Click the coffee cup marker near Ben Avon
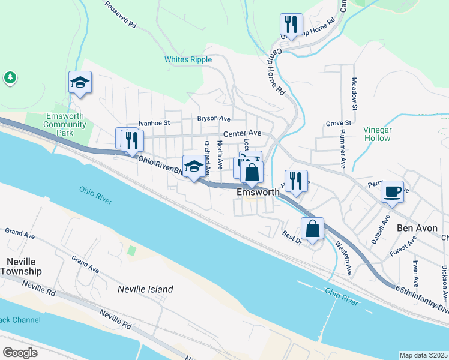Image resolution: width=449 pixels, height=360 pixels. [x=392, y=192]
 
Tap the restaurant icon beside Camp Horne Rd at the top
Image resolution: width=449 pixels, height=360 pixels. [x=291, y=25]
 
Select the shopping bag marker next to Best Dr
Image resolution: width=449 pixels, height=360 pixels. [x=312, y=229]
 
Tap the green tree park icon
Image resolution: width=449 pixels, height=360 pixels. [x=10, y=77]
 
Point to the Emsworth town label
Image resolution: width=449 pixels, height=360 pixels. [x=258, y=193]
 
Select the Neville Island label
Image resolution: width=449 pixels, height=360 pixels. [x=146, y=289]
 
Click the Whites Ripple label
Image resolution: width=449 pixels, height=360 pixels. [x=188, y=60]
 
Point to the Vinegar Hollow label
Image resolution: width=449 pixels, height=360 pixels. [x=376, y=134]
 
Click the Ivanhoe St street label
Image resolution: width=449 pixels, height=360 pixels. [x=155, y=123]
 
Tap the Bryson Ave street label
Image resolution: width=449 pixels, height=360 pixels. [x=214, y=119]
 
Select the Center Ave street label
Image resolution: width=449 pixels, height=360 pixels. [x=242, y=133]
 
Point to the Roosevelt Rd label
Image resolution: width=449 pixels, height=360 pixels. [x=121, y=14]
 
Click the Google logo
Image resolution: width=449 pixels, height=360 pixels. [x=20, y=353]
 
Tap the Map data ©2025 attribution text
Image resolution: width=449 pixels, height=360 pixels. [x=423, y=355]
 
